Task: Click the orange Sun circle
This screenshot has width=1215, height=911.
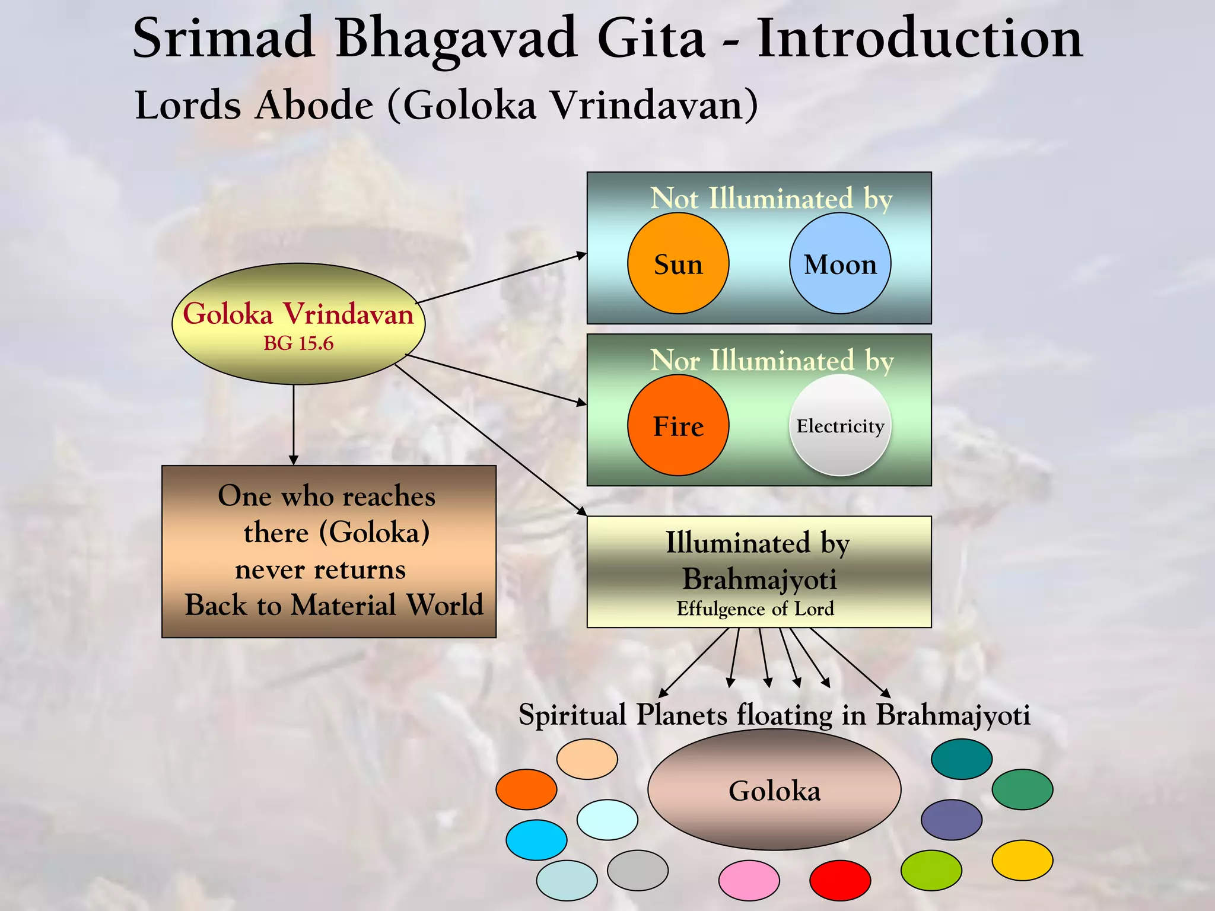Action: tap(678, 263)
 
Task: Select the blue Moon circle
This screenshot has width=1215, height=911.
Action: tap(840, 263)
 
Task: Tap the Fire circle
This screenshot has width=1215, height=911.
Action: tap(678, 425)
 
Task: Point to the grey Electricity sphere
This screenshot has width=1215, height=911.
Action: tap(840, 425)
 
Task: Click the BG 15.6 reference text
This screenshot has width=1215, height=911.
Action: tap(298, 343)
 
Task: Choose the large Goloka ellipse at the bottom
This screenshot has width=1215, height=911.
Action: tap(774, 790)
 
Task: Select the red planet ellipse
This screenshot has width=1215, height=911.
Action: tap(840, 880)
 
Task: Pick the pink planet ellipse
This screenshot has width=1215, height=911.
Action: tap(749, 880)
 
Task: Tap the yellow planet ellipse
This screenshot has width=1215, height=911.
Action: tap(1022, 860)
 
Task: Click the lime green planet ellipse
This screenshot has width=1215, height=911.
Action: tap(931, 870)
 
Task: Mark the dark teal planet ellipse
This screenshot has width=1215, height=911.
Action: tap(962, 759)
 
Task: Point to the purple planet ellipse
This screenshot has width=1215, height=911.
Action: tap(952, 820)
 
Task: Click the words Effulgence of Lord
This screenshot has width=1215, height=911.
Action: tap(755, 609)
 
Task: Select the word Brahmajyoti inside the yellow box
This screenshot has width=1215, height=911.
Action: tap(759, 579)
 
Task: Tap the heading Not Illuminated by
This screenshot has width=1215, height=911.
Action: tap(771, 198)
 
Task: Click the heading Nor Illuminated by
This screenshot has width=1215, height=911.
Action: tap(771, 360)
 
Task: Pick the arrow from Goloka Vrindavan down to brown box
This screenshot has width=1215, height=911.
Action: tap(294, 425)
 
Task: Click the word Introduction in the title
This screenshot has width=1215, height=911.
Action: tap(920, 38)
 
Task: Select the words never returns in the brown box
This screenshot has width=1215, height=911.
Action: tap(320, 570)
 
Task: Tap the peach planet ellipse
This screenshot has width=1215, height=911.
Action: tap(587, 759)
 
